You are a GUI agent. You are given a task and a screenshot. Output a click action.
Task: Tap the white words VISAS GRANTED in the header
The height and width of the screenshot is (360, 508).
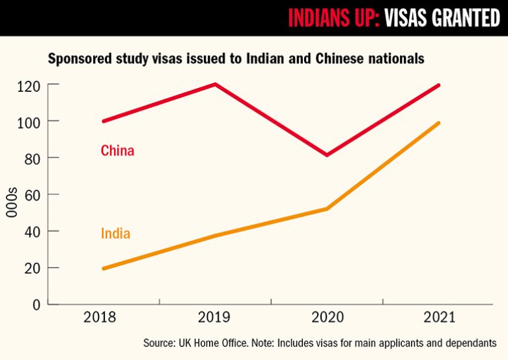pyautogui.click(x=442, y=18)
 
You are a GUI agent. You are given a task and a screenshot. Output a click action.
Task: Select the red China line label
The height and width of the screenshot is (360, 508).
pyautogui.click(x=117, y=151)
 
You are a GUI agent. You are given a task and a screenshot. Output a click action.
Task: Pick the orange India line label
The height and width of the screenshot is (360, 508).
pyautogui.click(x=115, y=233)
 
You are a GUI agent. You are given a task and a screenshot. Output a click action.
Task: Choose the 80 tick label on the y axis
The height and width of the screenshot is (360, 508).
pyautogui.click(x=31, y=158)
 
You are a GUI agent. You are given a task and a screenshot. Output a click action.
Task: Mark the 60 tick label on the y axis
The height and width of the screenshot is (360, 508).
pyautogui.click(x=31, y=195)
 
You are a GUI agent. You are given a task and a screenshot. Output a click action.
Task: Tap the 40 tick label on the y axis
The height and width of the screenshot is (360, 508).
pyautogui.click(x=31, y=231)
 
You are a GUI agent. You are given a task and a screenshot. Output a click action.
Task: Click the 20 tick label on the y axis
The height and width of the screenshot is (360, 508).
pyautogui.click(x=31, y=268)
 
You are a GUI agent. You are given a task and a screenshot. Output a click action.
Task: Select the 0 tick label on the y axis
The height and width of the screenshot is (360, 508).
pyautogui.click(x=36, y=304)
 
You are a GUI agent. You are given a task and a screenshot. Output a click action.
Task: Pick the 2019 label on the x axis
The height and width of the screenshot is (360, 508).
pyautogui.click(x=215, y=318)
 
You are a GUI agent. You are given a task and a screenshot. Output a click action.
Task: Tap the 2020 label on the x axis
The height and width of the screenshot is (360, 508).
pyautogui.click(x=327, y=318)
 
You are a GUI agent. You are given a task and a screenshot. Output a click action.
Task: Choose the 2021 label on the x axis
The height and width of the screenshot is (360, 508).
pyautogui.click(x=439, y=318)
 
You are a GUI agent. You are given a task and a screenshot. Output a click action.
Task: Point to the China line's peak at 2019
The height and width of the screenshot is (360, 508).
pyautogui.click(x=215, y=84)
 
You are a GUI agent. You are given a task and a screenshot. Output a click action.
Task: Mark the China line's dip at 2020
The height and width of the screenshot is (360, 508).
pyautogui.click(x=327, y=155)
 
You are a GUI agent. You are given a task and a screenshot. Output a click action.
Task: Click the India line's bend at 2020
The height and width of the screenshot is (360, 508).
pyautogui.click(x=327, y=208)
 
